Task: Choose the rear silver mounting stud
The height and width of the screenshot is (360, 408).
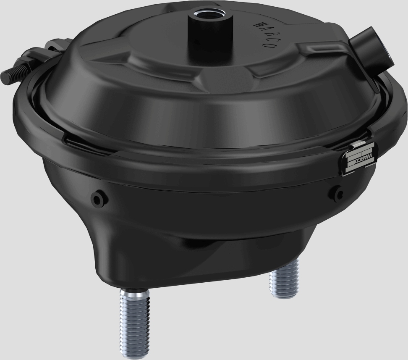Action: [x=284, y=279]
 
